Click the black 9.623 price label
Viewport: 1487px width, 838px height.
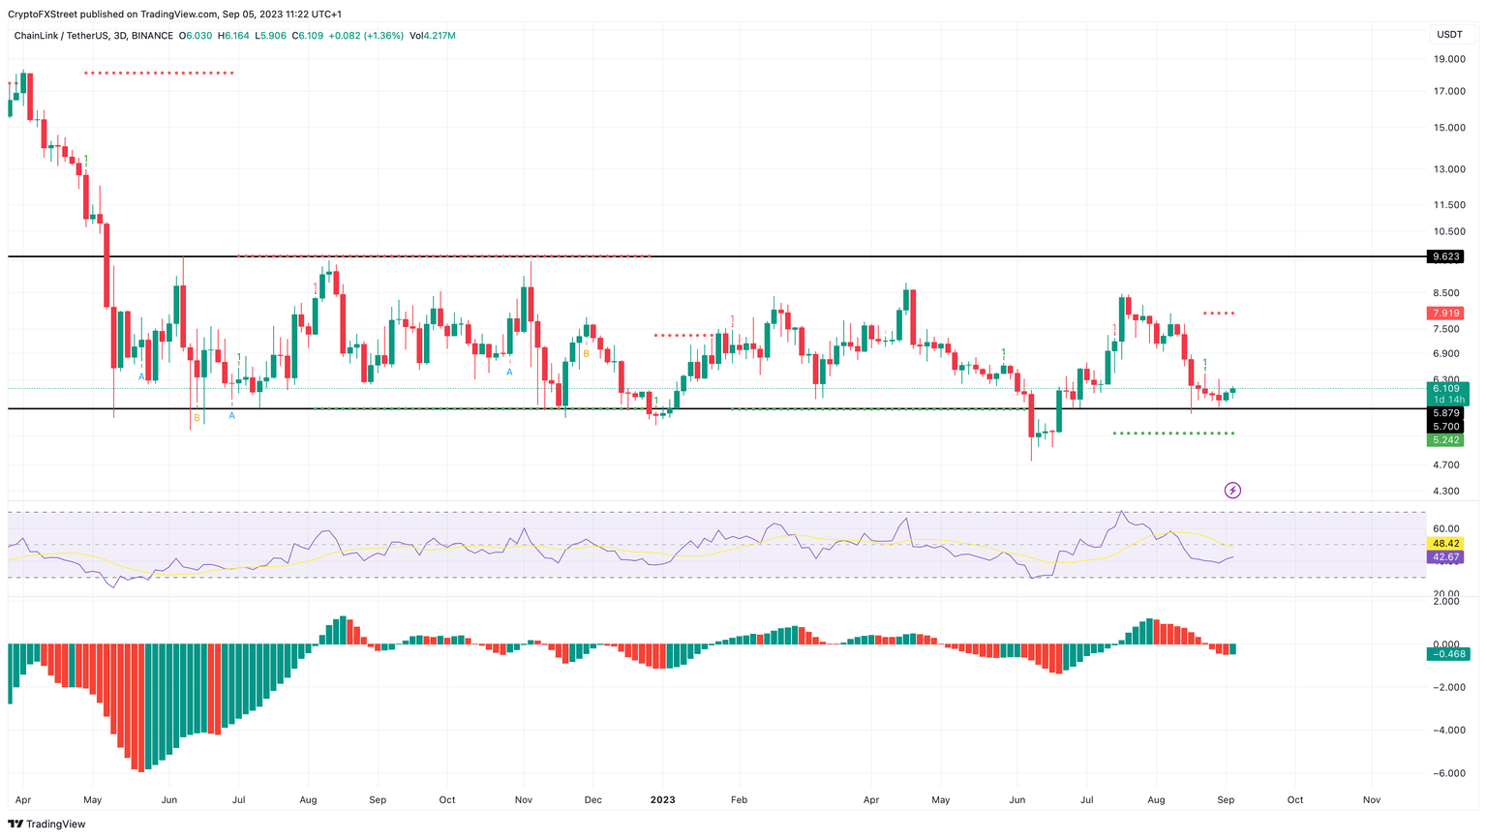1445,256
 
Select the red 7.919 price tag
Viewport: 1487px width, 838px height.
1445,314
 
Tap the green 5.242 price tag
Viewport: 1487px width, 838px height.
1445,439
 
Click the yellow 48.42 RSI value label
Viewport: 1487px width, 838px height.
1445,544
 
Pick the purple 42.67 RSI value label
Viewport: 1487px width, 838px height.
1445,557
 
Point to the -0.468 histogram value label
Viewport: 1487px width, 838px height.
1447,654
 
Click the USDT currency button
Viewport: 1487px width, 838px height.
1449,35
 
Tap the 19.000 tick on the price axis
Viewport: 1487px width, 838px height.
1448,59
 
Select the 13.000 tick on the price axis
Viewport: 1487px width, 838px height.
1448,169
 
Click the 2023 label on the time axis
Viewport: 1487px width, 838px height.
662,800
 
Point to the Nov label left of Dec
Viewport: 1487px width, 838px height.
524,800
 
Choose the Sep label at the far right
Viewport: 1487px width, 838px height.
1226,800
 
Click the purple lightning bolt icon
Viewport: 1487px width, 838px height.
1232,491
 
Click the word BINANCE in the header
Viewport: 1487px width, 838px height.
152,36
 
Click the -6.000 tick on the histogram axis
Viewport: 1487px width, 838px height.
1445,773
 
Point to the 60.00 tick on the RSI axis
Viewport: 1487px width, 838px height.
1446,529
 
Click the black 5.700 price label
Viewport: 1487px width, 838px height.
1445,427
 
